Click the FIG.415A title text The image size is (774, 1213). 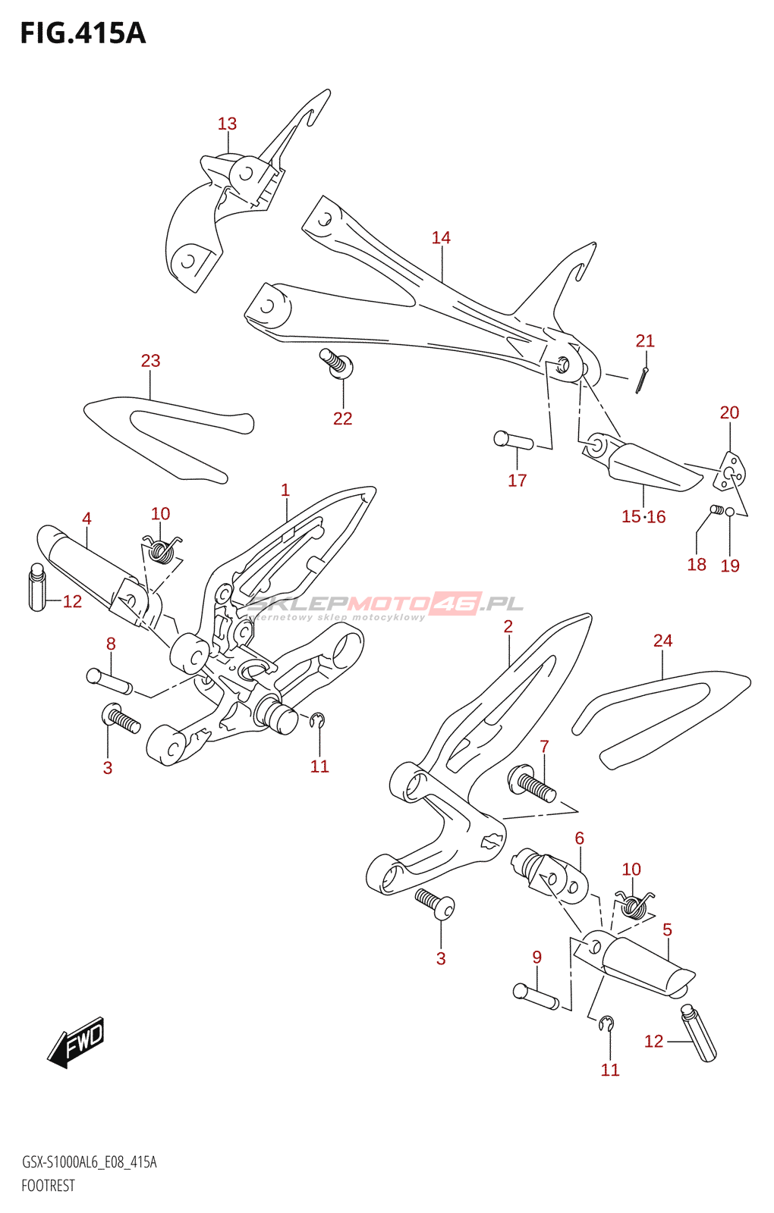[83, 33]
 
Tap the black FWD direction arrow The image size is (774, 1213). [77, 1042]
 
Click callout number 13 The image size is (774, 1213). [227, 124]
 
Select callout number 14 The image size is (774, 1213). [441, 238]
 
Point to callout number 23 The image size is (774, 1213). [150, 361]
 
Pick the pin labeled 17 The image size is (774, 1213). [513, 440]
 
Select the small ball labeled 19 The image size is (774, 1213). [730, 512]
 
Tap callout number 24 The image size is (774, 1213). [662, 641]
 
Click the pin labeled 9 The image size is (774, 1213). [536, 995]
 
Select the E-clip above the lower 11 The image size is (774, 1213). [606, 1024]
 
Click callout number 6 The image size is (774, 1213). [579, 838]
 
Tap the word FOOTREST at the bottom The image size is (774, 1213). [48, 1186]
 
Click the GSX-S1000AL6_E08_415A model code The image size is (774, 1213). [90, 1162]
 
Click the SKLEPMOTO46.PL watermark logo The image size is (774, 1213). [385, 604]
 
